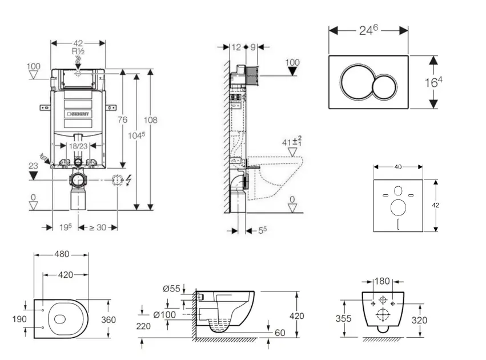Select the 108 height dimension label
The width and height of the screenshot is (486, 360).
[x=151, y=120]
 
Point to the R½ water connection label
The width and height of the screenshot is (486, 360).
[x=78, y=51]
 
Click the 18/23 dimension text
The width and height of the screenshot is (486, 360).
[x=78, y=146]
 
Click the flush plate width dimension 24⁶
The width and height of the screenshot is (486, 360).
[x=368, y=31]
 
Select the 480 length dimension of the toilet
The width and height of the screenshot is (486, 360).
[x=61, y=253]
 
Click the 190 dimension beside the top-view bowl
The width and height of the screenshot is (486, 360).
[x=19, y=319]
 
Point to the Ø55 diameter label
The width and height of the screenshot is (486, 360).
[x=171, y=289]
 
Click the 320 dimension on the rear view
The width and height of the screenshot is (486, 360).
[x=419, y=320]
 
